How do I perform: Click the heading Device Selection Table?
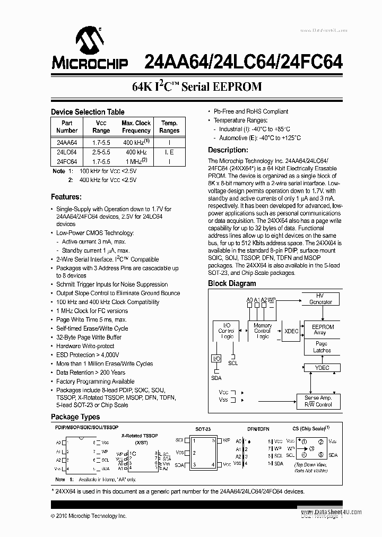[x=88, y=112]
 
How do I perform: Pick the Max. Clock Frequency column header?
[x=136, y=127]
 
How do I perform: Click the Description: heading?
[x=228, y=150]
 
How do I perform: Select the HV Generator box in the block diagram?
[x=321, y=299]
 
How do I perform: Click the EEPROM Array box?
[x=323, y=330]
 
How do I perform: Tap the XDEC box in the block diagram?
[x=291, y=331]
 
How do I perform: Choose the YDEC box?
[x=322, y=368]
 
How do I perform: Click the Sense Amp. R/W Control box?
[x=318, y=401]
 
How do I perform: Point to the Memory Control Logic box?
[x=262, y=331]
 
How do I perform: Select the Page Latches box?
[x=322, y=347]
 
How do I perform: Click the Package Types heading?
[x=75, y=417]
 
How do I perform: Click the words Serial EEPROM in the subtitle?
[x=222, y=86]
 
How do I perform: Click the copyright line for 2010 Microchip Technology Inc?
[x=89, y=516]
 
